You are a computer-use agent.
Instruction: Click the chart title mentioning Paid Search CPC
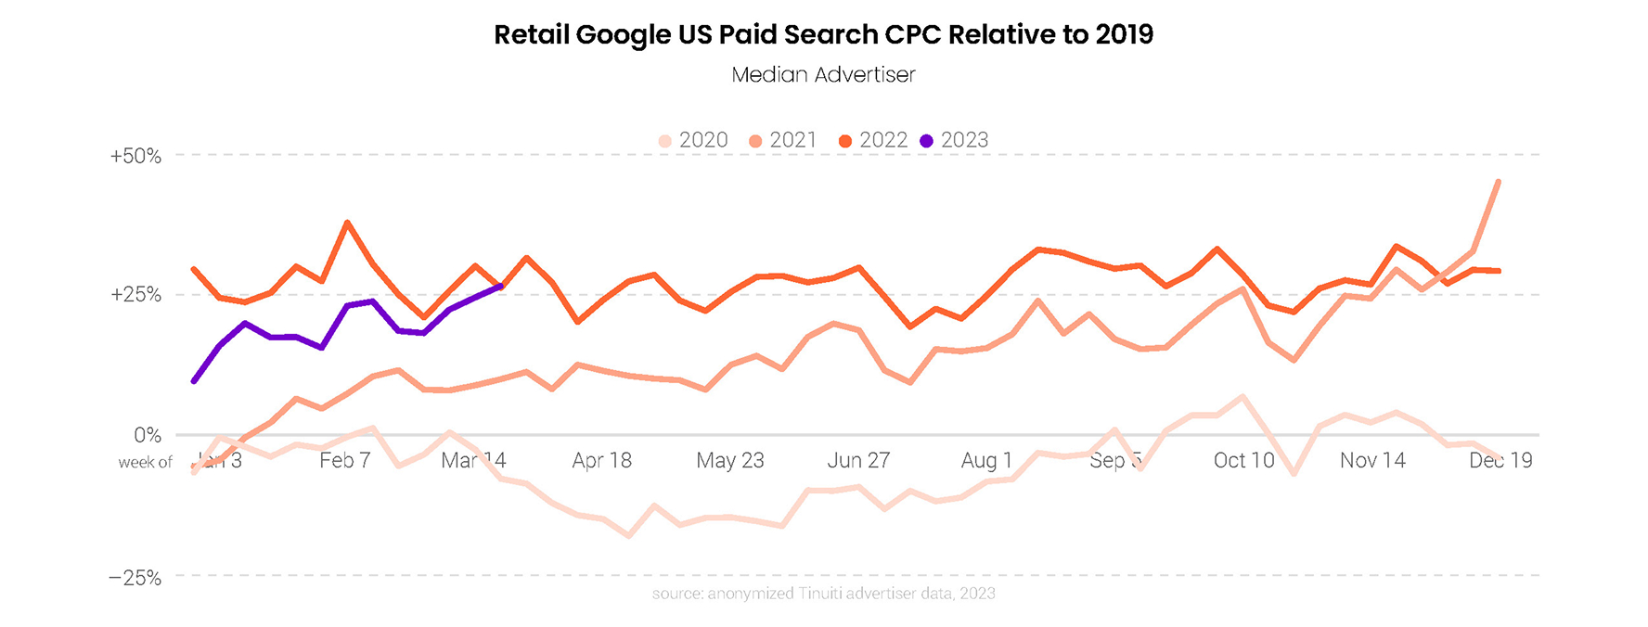click(x=823, y=35)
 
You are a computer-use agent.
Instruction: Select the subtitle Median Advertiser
click(x=823, y=75)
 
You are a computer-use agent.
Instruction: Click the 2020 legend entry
click(x=693, y=140)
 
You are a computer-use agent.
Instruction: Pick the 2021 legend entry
click(x=783, y=140)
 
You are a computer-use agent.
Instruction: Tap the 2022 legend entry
click(x=873, y=140)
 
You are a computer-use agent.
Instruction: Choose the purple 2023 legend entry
click(x=955, y=140)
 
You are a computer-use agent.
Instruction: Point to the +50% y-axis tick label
click(x=135, y=156)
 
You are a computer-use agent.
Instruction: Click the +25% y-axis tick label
click(x=135, y=295)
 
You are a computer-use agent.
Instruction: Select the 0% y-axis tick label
click(x=148, y=435)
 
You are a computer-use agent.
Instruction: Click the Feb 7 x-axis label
click(x=345, y=461)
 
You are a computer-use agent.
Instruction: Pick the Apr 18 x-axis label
click(x=602, y=461)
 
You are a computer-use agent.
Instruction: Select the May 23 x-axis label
click(x=730, y=461)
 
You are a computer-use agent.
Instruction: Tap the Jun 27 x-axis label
click(x=858, y=461)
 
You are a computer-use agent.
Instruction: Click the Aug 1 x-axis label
click(x=986, y=461)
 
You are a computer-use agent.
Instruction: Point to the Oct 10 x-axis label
click(x=1244, y=461)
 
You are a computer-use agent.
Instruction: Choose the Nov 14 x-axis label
click(x=1372, y=461)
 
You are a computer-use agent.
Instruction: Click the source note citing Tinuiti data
click(x=823, y=594)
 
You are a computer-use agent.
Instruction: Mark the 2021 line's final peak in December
click(x=1499, y=182)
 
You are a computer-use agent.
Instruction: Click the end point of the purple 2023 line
click(x=501, y=287)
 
